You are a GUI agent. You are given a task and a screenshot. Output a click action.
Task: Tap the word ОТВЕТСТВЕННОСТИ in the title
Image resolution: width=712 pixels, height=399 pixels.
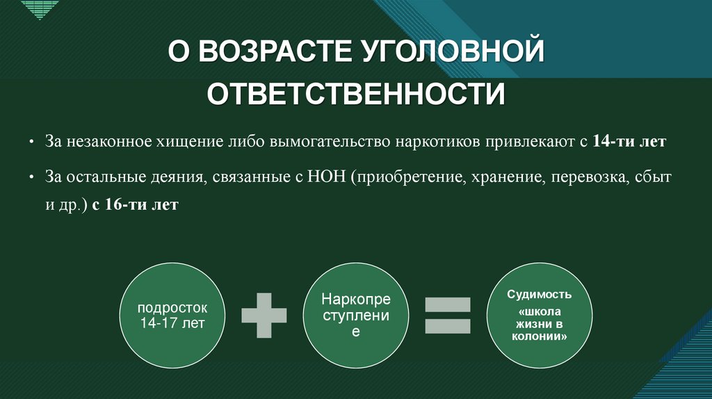click(356, 94)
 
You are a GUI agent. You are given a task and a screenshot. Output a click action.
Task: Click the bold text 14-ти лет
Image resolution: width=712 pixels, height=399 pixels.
click(629, 141)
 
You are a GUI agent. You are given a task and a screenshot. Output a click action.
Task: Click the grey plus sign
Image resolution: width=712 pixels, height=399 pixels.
click(264, 315)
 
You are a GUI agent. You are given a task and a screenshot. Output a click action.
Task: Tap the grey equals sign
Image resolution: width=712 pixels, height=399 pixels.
click(448, 315)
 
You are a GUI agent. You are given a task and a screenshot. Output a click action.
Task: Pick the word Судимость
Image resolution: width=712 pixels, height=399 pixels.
click(540, 294)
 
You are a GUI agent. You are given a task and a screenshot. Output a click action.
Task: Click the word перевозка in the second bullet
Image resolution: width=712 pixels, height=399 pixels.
click(590, 178)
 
